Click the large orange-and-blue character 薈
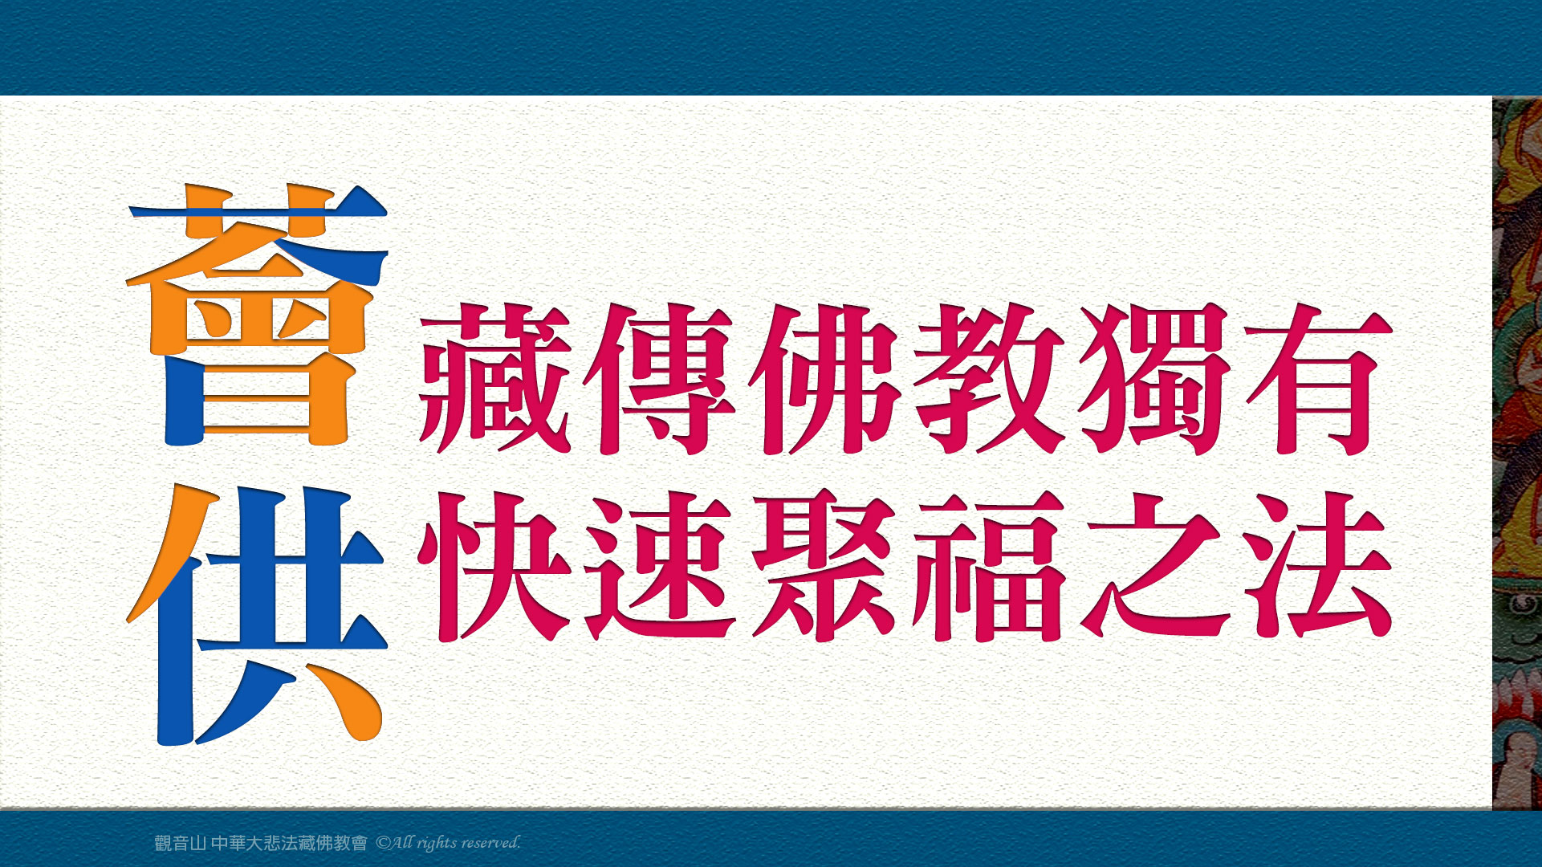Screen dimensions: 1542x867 pyautogui.click(x=258, y=315)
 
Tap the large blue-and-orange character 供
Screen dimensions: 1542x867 pyautogui.click(x=258, y=615)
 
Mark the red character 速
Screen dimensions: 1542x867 pyautogui.click(x=659, y=566)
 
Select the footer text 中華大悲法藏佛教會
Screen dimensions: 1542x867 pyautogui.click(x=289, y=843)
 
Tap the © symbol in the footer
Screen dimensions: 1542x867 pyautogui.click(x=383, y=843)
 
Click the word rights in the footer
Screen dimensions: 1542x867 pyautogui.click(x=436, y=843)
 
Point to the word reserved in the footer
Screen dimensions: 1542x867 pyautogui.click(x=490, y=843)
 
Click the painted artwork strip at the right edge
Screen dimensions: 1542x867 pyautogui.click(x=1517, y=453)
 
